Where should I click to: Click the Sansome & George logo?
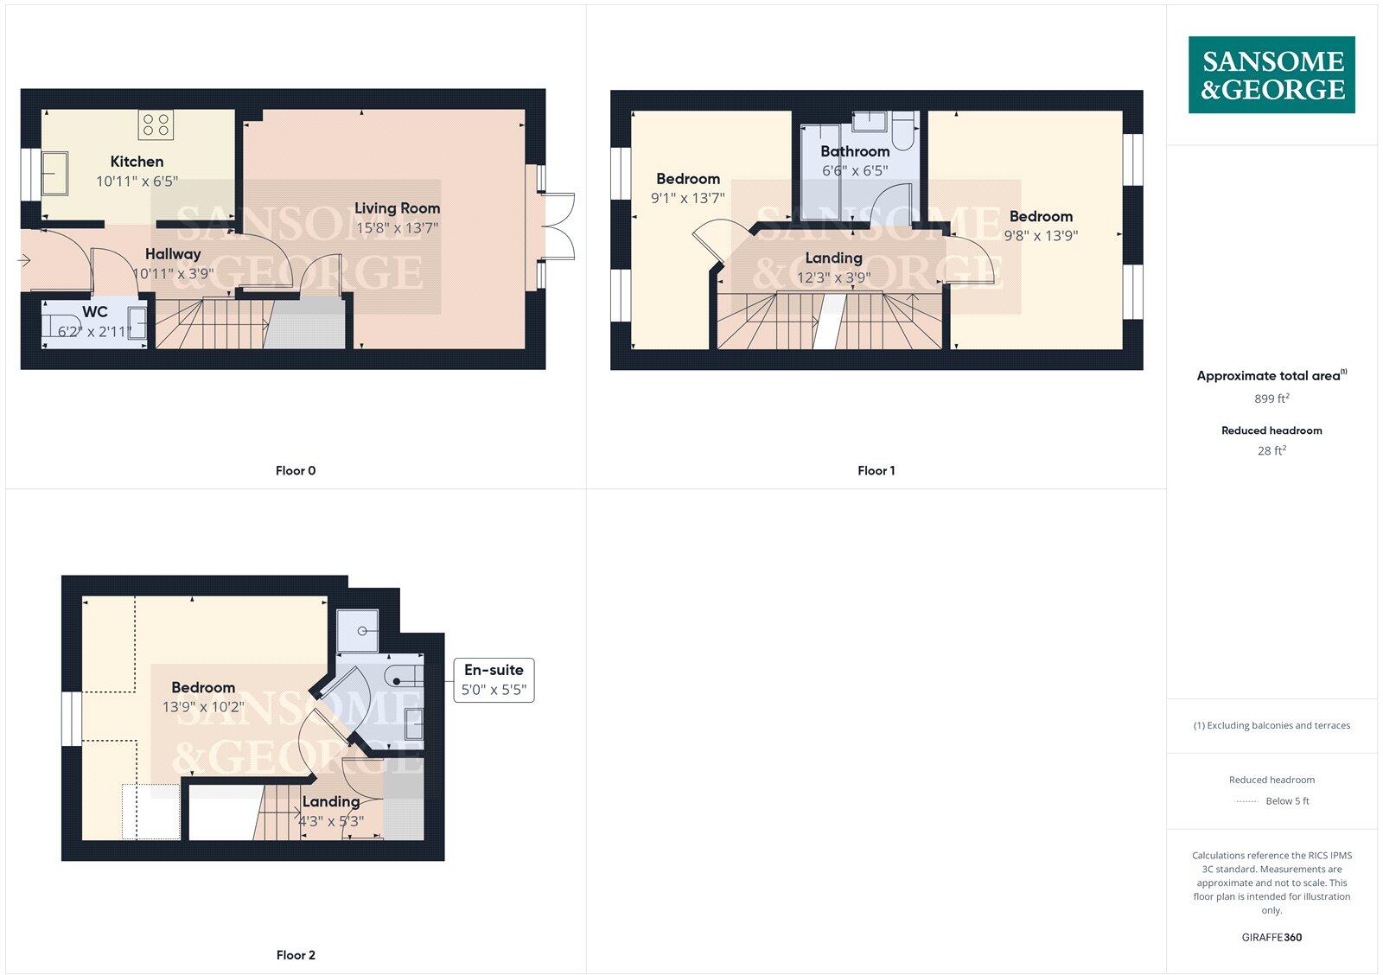(1271, 75)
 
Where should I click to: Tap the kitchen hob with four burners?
(156, 124)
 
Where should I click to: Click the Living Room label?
(397, 208)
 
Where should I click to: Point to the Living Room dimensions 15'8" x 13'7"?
(397, 228)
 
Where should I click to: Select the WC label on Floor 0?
(95, 312)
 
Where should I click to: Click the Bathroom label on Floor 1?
(855, 151)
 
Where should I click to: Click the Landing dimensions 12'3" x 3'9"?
(833, 277)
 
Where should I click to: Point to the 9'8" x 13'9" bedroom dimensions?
(1041, 235)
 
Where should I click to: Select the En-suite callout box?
(494, 680)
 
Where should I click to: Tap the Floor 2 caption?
(296, 955)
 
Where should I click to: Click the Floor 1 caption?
(876, 471)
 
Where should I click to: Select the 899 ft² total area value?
(1271, 398)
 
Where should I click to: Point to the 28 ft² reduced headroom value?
(1271, 450)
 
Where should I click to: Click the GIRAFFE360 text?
(1271, 937)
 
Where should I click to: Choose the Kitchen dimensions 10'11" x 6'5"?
(137, 182)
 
